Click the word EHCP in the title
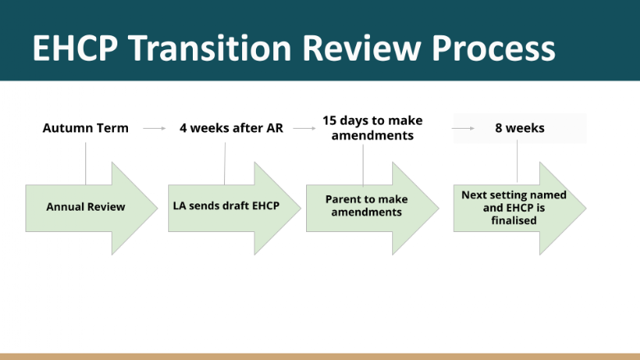tap(75, 48)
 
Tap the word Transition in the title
tap(209, 48)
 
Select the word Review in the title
tap(362, 48)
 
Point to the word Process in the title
tap(493, 48)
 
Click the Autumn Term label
tap(85, 128)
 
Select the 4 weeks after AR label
tap(231, 128)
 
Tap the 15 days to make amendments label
tap(373, 128)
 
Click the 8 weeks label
tap(519, 128)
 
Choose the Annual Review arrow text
tap(85, 207)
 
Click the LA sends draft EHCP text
tap(226, 206)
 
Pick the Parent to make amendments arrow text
tap(367, 206)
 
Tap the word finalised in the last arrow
tap(514, 221)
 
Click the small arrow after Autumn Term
tap(154, 129)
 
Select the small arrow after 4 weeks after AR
tap(304, 129)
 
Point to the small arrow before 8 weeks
tap(463, 129)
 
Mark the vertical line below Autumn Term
tap(85, 163)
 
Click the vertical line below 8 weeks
tap(517, 161)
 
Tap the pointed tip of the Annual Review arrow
tap(158, 208)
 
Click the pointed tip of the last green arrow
tap(586, 208)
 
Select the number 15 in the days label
tap(329, 121)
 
